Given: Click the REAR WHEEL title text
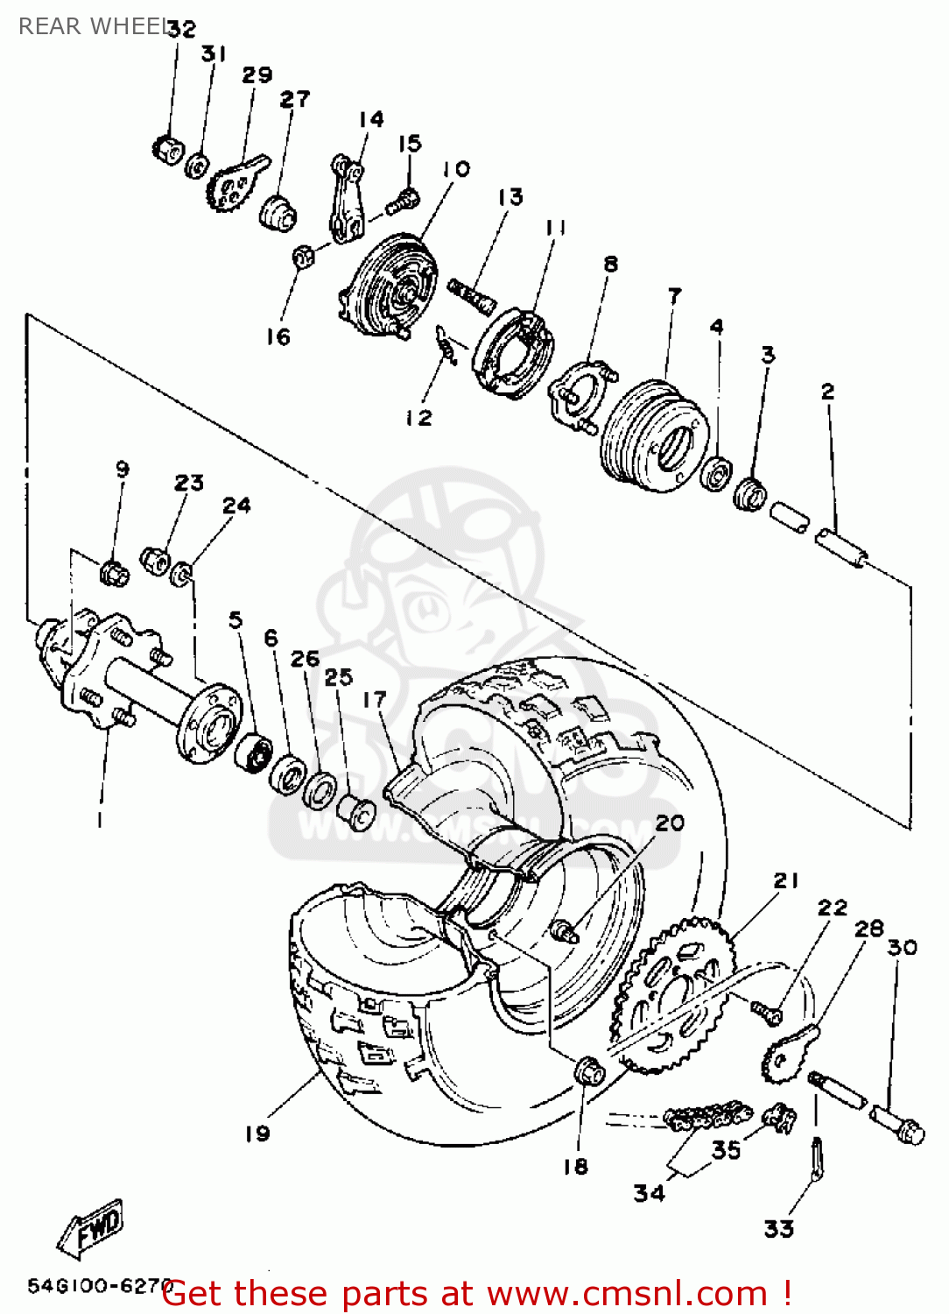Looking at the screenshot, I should (x=92, y=26).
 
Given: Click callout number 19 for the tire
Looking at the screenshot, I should (x=257, y=1134).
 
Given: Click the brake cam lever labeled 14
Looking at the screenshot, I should (x=347, y=199).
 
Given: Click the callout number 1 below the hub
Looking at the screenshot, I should (x=100, y=820).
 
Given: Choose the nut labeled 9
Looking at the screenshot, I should (x=115, y=573).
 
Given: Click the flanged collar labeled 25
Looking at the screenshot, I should (x=358, y=811).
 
